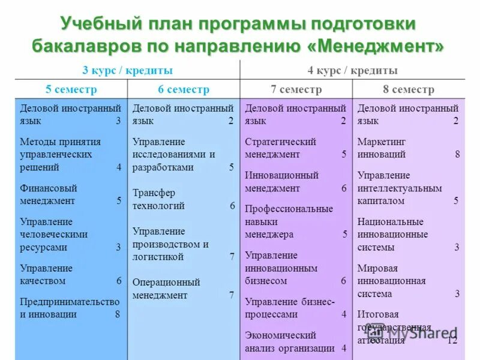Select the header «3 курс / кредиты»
pyautogui.click(x=127, y=70)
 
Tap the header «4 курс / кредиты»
pyautogui.click(x=353, y=70)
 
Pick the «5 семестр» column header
pyautogui.click(x=71, y=89)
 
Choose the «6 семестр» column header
pyautogui.click(x=184, y=89)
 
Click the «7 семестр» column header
pyautogui.click(x=296, y=89)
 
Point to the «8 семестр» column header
pyautogui.click(x=409, y=89)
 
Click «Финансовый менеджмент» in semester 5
pyautogui.click(x=49, y=194)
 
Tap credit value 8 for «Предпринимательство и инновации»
pyautogui.click(x=117, y=314)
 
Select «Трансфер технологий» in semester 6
pyautogui.click(x=160, y=199)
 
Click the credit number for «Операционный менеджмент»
pyautogui.click(x=232, y=295)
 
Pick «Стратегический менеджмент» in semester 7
pyautogui.click(x=280, y=148)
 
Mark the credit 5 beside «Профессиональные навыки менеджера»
pyautogui.click(x=344, y=234)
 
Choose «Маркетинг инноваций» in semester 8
pyautogui.click(x=382, y=148)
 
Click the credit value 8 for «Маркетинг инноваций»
pyautogui.click(x=457, y=154)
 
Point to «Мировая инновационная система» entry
pyautogui.click(x=391, y=281)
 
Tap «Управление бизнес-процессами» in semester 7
pyautogui.click(x=289, y=307)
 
